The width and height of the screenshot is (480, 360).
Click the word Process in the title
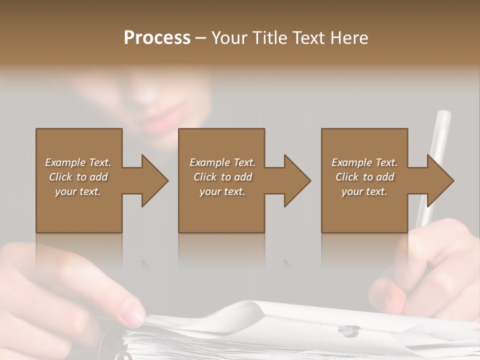coord(157,37)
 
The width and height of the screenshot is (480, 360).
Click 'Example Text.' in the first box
coord(78,162)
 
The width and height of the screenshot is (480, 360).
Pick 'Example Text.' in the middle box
coord(222,162)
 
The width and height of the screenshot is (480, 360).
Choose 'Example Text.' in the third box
coord(364,162)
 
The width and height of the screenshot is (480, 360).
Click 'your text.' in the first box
coord(78,191)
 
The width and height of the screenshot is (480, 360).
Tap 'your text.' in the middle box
coord(222,191)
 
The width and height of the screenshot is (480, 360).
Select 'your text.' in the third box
coord(364,191)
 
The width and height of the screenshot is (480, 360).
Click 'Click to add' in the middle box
coord(222,177)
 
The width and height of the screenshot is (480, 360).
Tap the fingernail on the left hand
coord(134,313)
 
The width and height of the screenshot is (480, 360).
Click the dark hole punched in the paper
coord(349,329)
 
